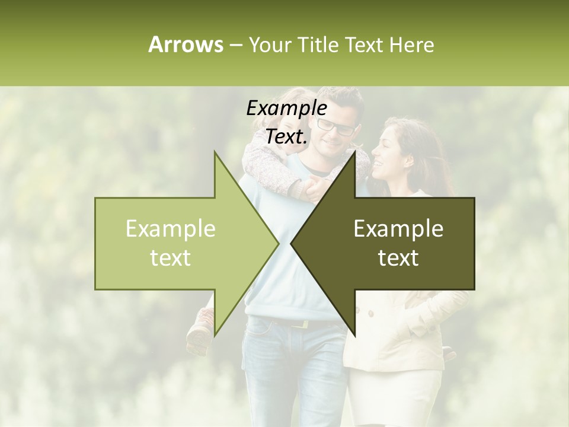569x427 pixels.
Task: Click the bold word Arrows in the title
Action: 186,44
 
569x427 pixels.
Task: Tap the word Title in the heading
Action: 318,44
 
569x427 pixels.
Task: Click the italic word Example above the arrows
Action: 286,109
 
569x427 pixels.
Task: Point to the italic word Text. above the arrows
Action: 286,136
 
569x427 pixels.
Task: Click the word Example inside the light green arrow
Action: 170,229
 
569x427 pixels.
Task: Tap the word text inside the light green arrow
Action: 170,258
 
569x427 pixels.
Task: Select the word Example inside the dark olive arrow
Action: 398,229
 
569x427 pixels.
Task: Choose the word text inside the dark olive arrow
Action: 398,258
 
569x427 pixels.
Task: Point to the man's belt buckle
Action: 303,324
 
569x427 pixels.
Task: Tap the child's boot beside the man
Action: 198,333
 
